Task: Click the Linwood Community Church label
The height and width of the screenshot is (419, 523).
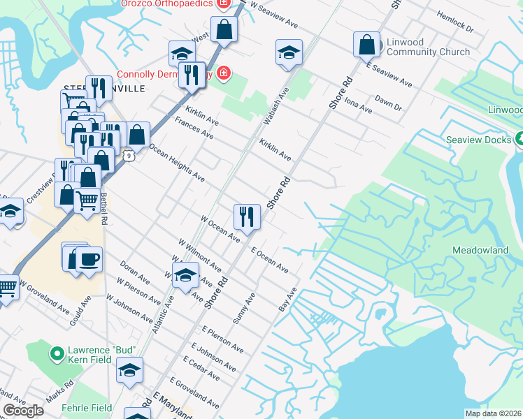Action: coord(418,47)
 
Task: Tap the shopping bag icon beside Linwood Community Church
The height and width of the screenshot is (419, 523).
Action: coord(366,45)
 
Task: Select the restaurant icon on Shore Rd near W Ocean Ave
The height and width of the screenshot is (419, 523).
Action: coord(247,216)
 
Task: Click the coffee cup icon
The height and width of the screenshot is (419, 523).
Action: coord(89,260)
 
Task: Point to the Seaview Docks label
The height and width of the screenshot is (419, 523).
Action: coord(479,140)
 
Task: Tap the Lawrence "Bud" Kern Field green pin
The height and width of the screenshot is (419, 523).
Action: coord(57,354)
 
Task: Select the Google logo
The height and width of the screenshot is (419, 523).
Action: coord(23,411)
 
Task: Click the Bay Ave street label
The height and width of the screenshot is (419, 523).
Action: coord(288,300)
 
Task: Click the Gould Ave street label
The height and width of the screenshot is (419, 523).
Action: coord(80,315)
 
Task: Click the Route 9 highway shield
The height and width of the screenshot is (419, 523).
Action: coord(129,155)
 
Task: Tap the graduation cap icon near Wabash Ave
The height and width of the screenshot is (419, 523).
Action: coord(287,54)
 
